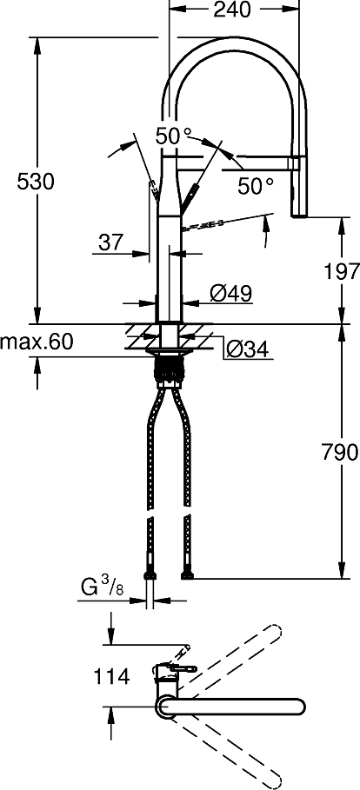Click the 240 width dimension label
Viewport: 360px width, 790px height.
[231, 10]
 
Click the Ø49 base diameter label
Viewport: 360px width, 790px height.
[230, 294]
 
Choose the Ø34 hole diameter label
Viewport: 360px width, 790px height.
[247, 349]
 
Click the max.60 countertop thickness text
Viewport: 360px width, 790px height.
[37, 342]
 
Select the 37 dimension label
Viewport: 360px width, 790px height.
[110, 242]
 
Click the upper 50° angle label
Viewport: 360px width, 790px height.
[173, 136]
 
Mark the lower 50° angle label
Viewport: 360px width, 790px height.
[256, 185]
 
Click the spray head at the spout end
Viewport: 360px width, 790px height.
[298, 187]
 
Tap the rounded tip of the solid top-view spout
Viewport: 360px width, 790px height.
[299, 707]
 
